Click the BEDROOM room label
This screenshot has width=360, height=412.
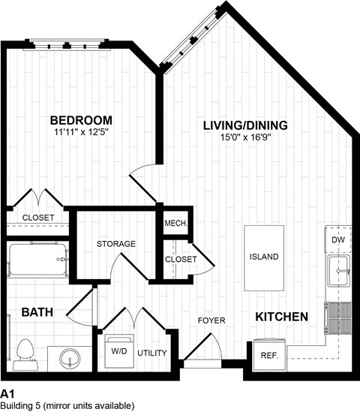pyautogui.click(x=81, y=120)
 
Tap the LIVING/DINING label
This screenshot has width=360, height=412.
pyautogui.click(x=245, y=125)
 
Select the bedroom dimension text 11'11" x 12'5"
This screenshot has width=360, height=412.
pyautogui.click(x=81, y=134)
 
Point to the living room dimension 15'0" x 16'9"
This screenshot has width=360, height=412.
pyautogui.click(x=245, y=138)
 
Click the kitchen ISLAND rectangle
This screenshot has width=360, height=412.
pyautogui.click(x=264, y=256)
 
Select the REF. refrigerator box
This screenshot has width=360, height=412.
pyautogui.click(x=268, y=353)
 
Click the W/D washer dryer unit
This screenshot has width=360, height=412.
pyautogui.click(x=118, y=351)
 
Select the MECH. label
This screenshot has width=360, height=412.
pyautogui.click(x=175, y=224)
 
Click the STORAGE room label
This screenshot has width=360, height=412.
pyautogui.click(x=115, y=244)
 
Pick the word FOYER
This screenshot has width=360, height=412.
pyautogui.click(x=211, y=320)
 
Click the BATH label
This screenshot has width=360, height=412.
pyautogui.click(x=36, y=312)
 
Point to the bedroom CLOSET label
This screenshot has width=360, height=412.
pyautogui.click(x=37, y=218)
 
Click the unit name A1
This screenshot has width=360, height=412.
pyautogui.click(x=8, y=392)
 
